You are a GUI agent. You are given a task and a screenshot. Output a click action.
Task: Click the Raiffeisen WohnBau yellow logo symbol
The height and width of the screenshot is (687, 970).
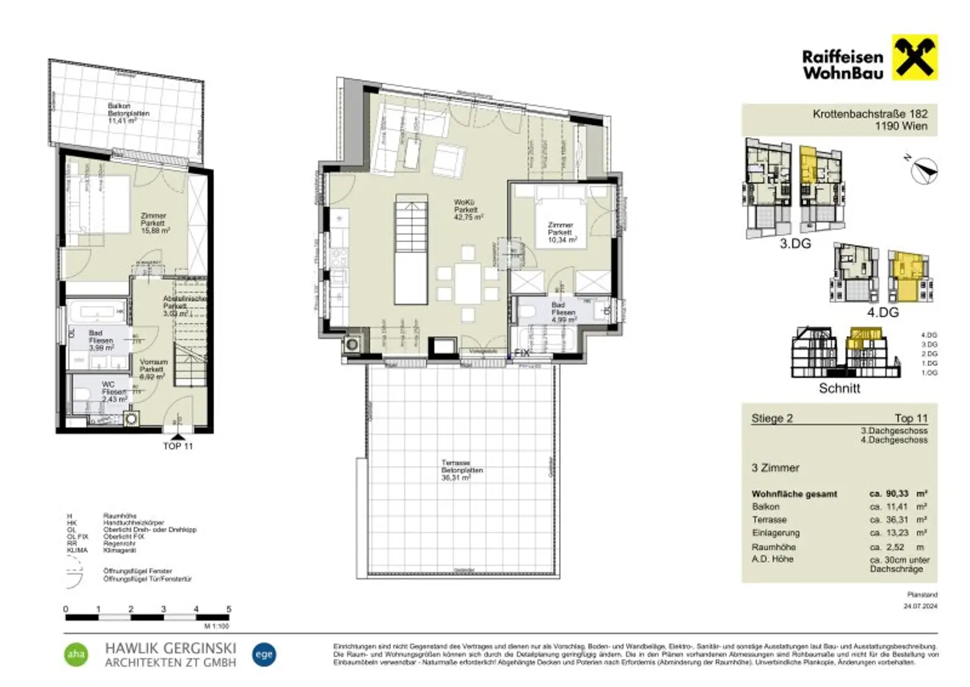point(914,58)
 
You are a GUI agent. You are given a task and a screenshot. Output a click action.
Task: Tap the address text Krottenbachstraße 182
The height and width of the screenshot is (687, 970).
point(870,114)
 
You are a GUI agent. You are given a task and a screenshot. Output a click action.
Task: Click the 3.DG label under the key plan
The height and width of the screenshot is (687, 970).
point(794,243)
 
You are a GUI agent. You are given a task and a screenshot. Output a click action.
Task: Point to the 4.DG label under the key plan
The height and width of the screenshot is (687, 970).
point(882,312)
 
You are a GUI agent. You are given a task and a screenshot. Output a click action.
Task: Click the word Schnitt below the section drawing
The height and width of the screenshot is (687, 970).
point(839,389)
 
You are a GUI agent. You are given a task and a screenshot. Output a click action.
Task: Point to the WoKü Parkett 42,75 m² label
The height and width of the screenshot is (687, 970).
point(468,209)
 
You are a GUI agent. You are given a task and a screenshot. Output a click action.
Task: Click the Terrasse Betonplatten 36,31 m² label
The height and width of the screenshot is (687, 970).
point(462,470)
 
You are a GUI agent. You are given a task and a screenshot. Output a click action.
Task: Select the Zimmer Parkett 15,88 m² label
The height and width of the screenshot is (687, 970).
point(154,223)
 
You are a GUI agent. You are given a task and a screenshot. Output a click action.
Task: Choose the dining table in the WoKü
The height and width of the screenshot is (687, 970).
point(468,283)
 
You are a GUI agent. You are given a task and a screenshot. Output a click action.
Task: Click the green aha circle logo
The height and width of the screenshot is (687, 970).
point(76,655)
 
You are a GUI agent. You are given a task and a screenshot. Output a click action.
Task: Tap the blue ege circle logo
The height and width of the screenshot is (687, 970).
point(263,654)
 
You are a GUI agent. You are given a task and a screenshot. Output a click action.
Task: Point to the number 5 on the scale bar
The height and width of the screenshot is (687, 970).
point(229,609)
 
